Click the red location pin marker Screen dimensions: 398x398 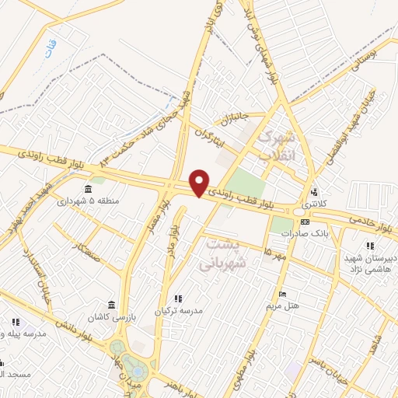tap(200, 182)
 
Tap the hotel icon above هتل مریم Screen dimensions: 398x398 tap(282, 295)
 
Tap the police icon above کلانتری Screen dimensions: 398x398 tap(314, 192)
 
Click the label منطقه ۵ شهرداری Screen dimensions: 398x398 tap(117, 201)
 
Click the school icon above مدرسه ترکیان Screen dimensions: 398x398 tap(177, 298)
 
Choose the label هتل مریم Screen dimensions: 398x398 tap(285, 305)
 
